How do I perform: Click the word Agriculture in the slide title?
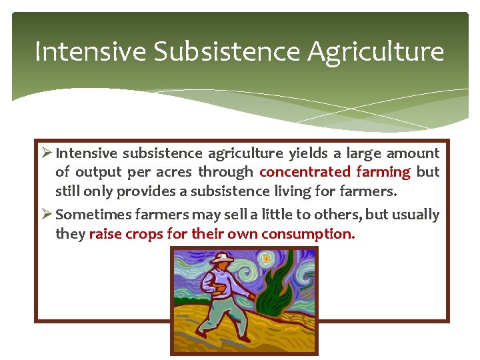point(375,52)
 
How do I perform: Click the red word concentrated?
point(305,172)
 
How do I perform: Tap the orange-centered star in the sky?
point(269,257)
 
